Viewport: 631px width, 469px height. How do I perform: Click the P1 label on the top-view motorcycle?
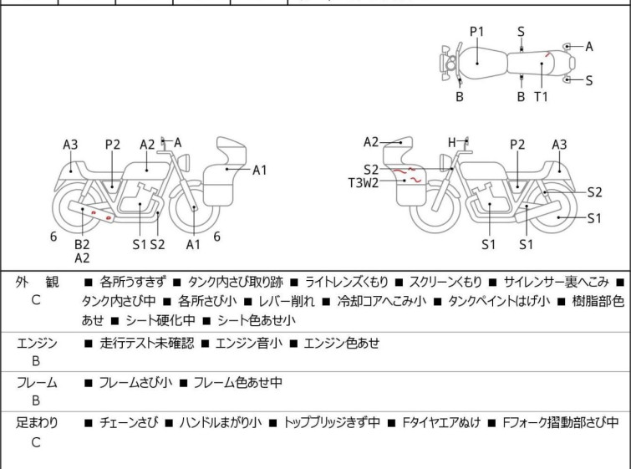(x=476, y=32)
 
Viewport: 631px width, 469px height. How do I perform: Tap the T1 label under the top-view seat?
(x=541, y=97)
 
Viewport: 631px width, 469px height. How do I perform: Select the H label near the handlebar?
(x=452, y=142)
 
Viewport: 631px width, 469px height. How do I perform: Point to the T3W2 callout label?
(x=364, y=183)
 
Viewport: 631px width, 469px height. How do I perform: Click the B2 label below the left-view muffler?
(x=82, y=244)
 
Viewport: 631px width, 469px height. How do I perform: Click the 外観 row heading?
(x=37, y=282)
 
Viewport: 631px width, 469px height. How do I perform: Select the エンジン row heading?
(x=37, y=343)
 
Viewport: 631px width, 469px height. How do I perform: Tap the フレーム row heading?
(x=37, y=382)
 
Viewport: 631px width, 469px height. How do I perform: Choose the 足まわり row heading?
(x=37, y=423)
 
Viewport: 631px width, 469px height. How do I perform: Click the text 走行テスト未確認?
(x=147, y=343)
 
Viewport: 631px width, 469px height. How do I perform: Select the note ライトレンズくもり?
(x=347, y=282)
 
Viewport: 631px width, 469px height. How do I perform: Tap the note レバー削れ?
(x=287, y=301)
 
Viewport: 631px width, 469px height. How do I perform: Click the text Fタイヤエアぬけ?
(x=441, y=423)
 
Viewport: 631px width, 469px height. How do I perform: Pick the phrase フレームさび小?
(x=135, y=382)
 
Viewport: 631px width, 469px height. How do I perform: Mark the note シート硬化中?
(x=160, y=320)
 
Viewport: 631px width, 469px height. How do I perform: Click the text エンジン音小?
(x=249, y=343)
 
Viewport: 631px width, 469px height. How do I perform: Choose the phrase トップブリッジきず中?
(x=332, y=423)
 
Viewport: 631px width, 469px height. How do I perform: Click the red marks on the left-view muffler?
(x=100, y=215)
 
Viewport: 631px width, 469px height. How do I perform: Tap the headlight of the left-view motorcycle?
(x=185, y=162)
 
